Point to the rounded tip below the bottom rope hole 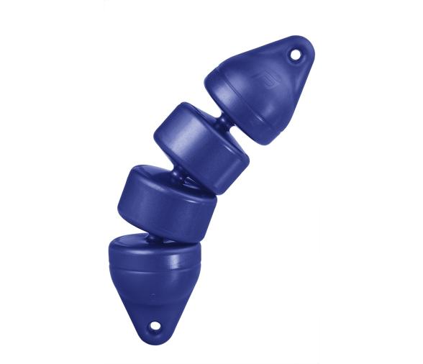153,340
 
